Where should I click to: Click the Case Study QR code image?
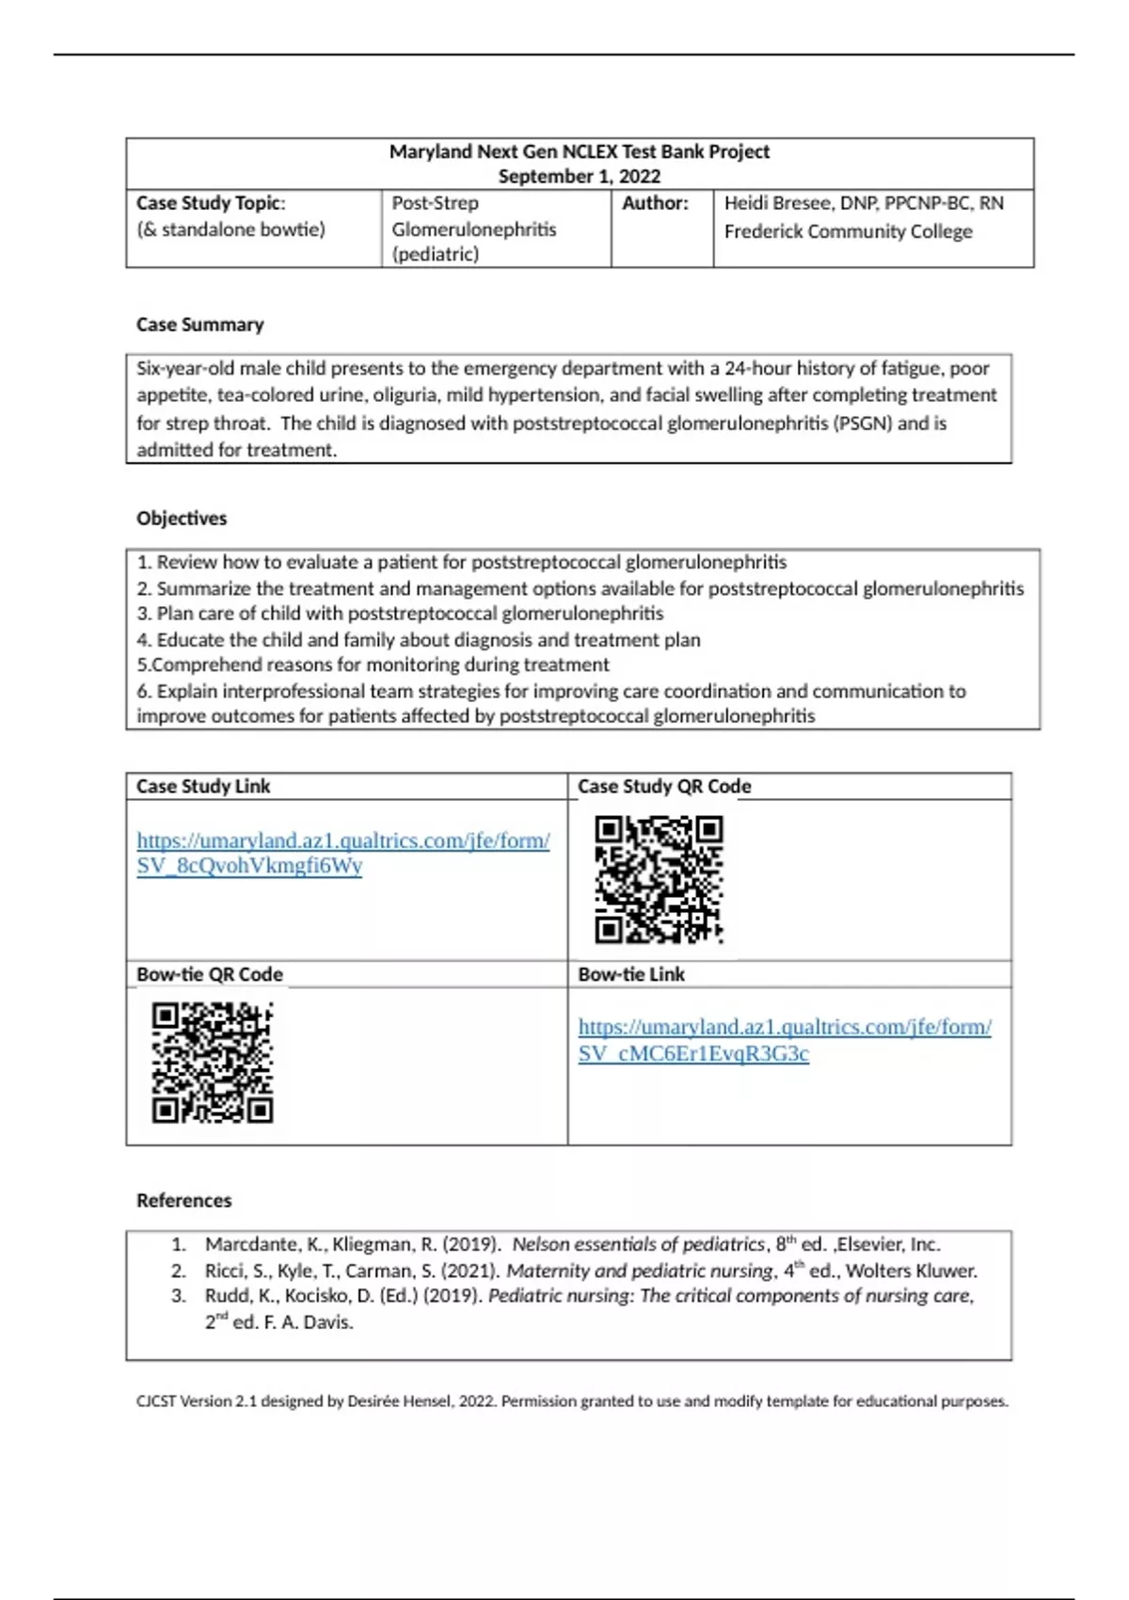[x=659, y=879]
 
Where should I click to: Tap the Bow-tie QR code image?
[x=213, y=1063]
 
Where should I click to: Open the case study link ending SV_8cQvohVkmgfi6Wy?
[x=342, y=853]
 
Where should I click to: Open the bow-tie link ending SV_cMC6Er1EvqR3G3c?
[x=784, y=1040]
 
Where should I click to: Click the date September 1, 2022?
[x=579, y=177]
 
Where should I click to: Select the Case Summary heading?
[x=199, y=325]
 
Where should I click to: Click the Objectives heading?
[x=182, y=519]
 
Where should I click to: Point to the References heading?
[x=183, y=1201]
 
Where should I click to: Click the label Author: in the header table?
[x=655, y=203]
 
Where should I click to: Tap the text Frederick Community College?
[x=848, y=232]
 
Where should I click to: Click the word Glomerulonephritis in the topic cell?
[x=473, y=230]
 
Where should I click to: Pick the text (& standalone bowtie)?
[x=231, y=230]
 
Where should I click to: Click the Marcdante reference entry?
[x=572, y=1244]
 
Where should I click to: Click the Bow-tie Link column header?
[x=631, y=975]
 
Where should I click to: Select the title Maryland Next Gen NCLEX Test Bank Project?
[x=579, y=152]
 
